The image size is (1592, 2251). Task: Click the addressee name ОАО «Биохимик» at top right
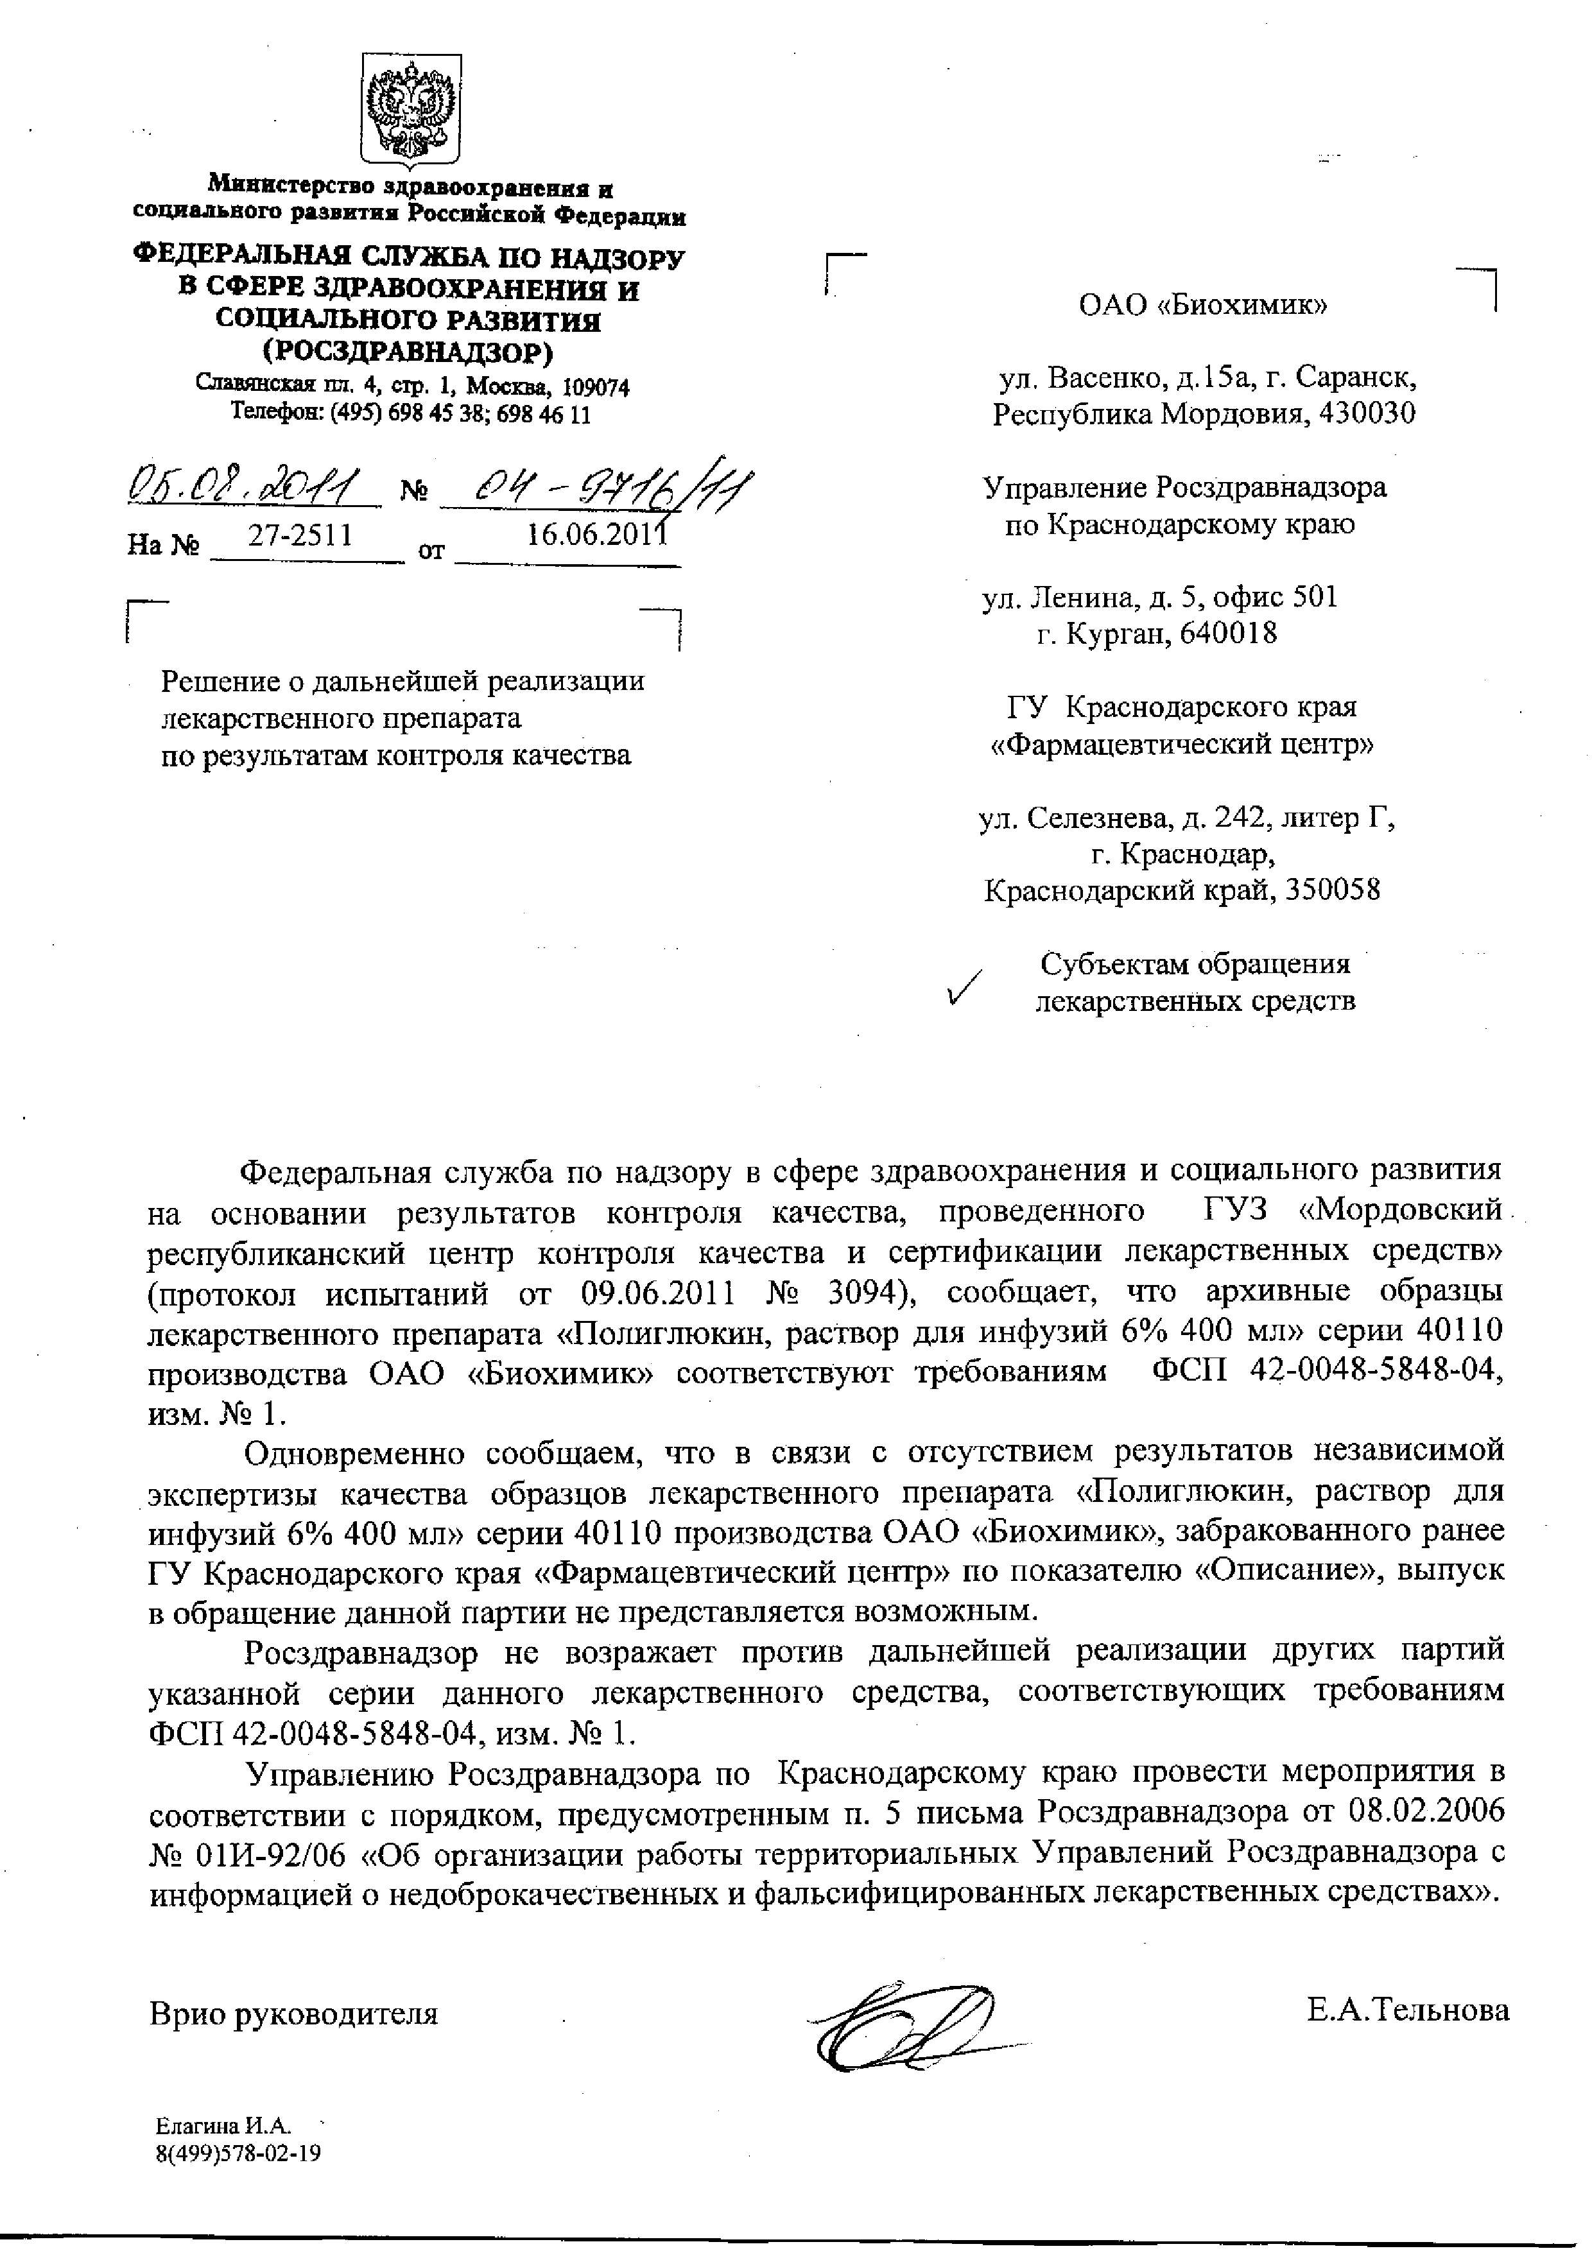(x=1203, y=305)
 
